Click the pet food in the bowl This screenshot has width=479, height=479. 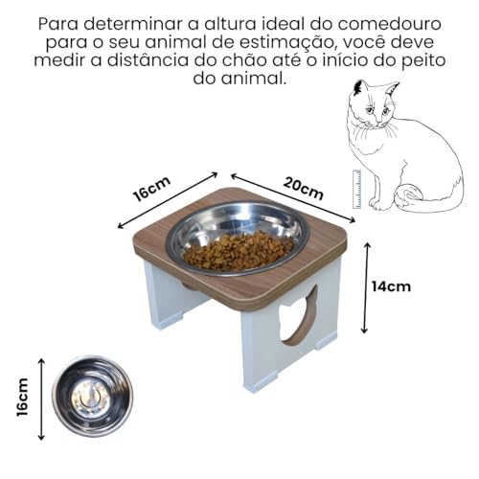click(x=239, y=251)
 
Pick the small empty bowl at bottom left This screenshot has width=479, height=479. click(x=92, y=396)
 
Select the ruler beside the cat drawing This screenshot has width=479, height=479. click(x=357, y=189)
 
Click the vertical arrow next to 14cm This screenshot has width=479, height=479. click(x=366, y=287)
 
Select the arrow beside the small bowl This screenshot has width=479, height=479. click(x=41, y=397)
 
